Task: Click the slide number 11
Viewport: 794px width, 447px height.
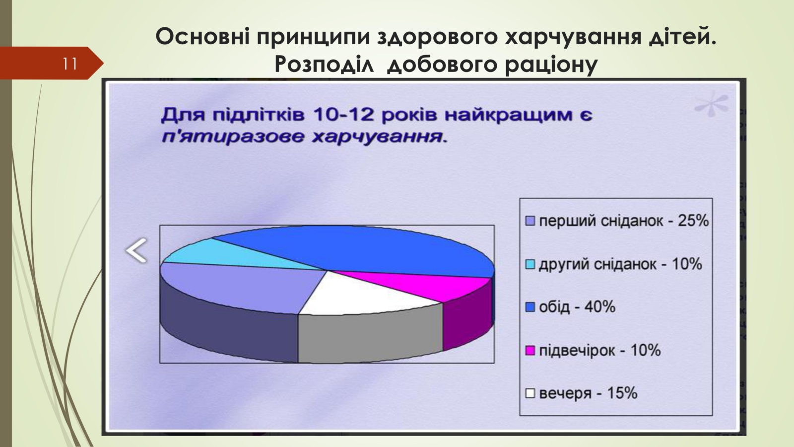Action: point(70,64)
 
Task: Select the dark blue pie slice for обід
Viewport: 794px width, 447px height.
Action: point(354,248)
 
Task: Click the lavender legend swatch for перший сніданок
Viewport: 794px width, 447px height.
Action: point(529,221)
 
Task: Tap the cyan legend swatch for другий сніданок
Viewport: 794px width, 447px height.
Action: point(529,264)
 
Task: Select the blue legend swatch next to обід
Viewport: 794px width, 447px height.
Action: point(529,307)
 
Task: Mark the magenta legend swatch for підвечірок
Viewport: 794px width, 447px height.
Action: point(529,351)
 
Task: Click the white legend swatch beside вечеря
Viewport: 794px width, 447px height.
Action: point(529,393)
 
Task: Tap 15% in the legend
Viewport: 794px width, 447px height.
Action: point(622,393)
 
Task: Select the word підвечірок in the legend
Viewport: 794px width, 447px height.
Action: point(577,351)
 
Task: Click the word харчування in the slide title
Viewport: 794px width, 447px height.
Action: point(573,37)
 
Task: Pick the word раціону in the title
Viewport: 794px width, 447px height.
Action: point(551,65)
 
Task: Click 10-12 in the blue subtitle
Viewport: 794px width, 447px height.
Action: point(343,115)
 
